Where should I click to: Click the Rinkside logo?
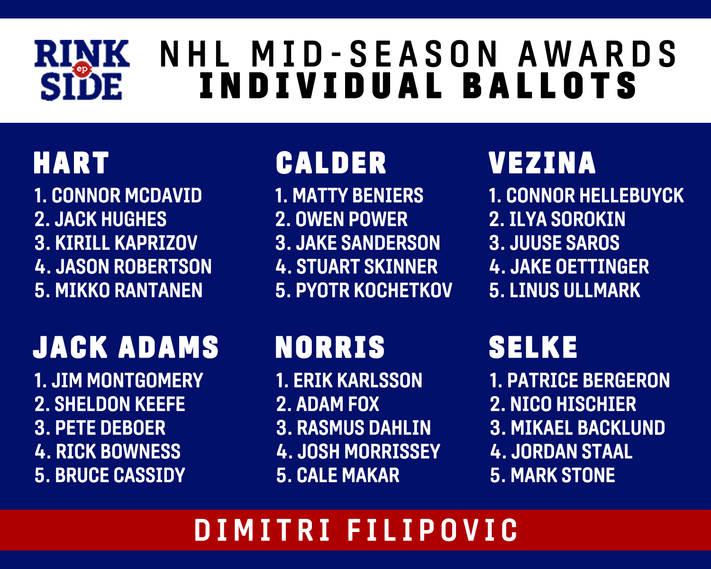point(82,70)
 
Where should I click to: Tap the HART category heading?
point(71,163)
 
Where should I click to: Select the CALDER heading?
point(331,163)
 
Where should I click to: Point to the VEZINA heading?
point(542,163)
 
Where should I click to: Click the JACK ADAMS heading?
point(126,347)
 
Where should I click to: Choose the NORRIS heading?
point(330,347)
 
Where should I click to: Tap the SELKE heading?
point(533,347)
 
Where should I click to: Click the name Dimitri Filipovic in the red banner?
point(356,530)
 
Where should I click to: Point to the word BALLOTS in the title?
point(549,86)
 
